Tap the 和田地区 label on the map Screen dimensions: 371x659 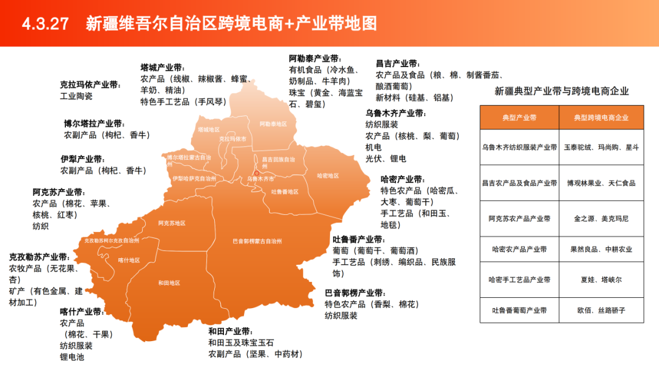point(169,283)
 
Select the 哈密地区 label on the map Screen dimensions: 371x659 point(328,176)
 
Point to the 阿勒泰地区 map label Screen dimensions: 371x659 point(273,124)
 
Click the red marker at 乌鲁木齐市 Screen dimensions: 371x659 point(257,173)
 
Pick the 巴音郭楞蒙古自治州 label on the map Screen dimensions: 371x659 point(257,241)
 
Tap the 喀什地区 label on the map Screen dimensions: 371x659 point(129,260)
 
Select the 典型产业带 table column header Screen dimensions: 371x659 point(519,117)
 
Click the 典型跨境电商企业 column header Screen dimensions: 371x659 point(601,117)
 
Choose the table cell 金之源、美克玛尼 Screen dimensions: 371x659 point(601,218)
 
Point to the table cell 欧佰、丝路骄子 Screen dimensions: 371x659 point(601,310)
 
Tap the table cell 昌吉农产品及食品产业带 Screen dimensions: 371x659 point(519,183)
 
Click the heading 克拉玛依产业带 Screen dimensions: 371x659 point(90,85)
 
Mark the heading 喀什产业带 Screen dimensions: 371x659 point(81,312)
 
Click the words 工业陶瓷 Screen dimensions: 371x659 point(76,96)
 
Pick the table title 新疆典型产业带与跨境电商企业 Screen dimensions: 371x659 point(561,92)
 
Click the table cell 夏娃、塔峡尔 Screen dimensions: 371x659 point(601,279)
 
